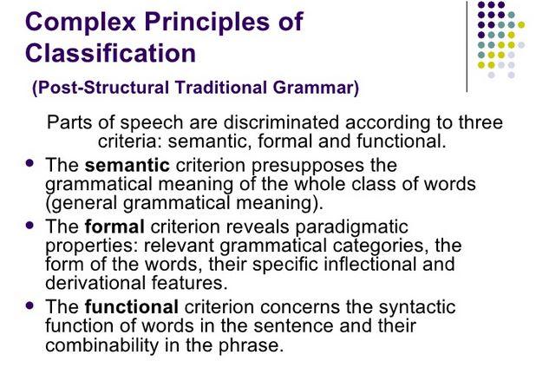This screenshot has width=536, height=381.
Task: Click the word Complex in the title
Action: [81, 23]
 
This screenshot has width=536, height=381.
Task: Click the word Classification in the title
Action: [110, 53]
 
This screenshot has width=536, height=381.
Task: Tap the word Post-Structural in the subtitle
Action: [103, 88]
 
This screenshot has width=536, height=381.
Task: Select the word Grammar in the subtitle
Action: [316, 88]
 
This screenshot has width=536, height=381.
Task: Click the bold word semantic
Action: [127, 165]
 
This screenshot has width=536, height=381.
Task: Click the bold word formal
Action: [114, 227]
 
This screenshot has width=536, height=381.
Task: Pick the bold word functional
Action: [132, 306]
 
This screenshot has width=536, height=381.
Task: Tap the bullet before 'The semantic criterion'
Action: [30, 163]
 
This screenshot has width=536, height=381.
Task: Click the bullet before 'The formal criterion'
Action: [30, 225]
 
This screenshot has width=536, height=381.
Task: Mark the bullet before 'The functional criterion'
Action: [30, 305]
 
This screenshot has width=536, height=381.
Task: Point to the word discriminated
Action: [281, 122]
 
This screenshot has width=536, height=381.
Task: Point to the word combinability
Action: [101, 345]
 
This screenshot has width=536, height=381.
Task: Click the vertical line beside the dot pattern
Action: [467, 47]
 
